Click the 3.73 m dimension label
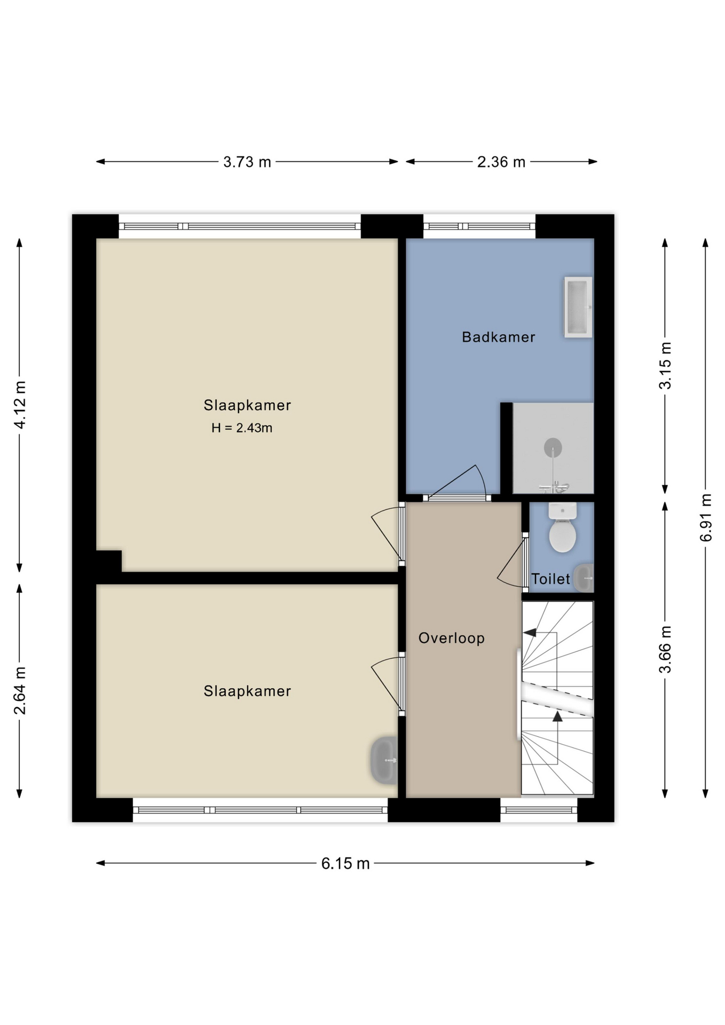(x=247, y=162)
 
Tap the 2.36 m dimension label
(x=501, y=162)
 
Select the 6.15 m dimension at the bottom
(x=345, y=863)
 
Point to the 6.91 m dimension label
(x=706, y=517)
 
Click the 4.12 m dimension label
(x=20, y=405)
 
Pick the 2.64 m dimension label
(x=20, y=690)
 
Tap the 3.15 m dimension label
(x=665, y=366)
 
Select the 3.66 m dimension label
(x=665, y=650)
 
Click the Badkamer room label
(x=498, y=337)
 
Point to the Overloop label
(x=451, y=638)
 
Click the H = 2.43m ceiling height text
(x=242, y=428)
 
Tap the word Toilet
(x=550, y=579)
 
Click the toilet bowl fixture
(x=562, y=534)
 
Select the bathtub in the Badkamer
(x=578, y=307)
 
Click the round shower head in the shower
(x=553, y=447)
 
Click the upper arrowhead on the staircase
(x=529, y=633)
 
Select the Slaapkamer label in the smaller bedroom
(x=247, y=691)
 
